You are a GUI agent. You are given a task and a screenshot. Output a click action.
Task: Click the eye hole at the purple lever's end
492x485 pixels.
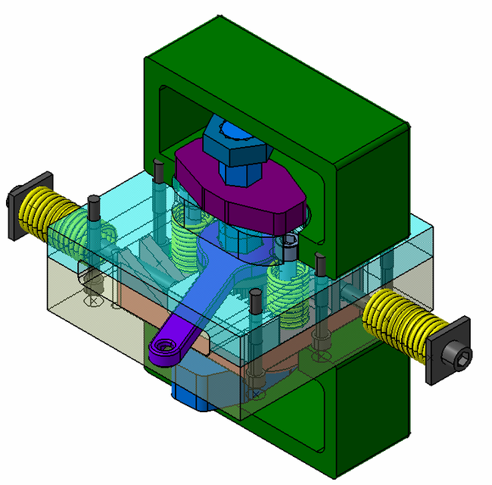click(166, 348)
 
